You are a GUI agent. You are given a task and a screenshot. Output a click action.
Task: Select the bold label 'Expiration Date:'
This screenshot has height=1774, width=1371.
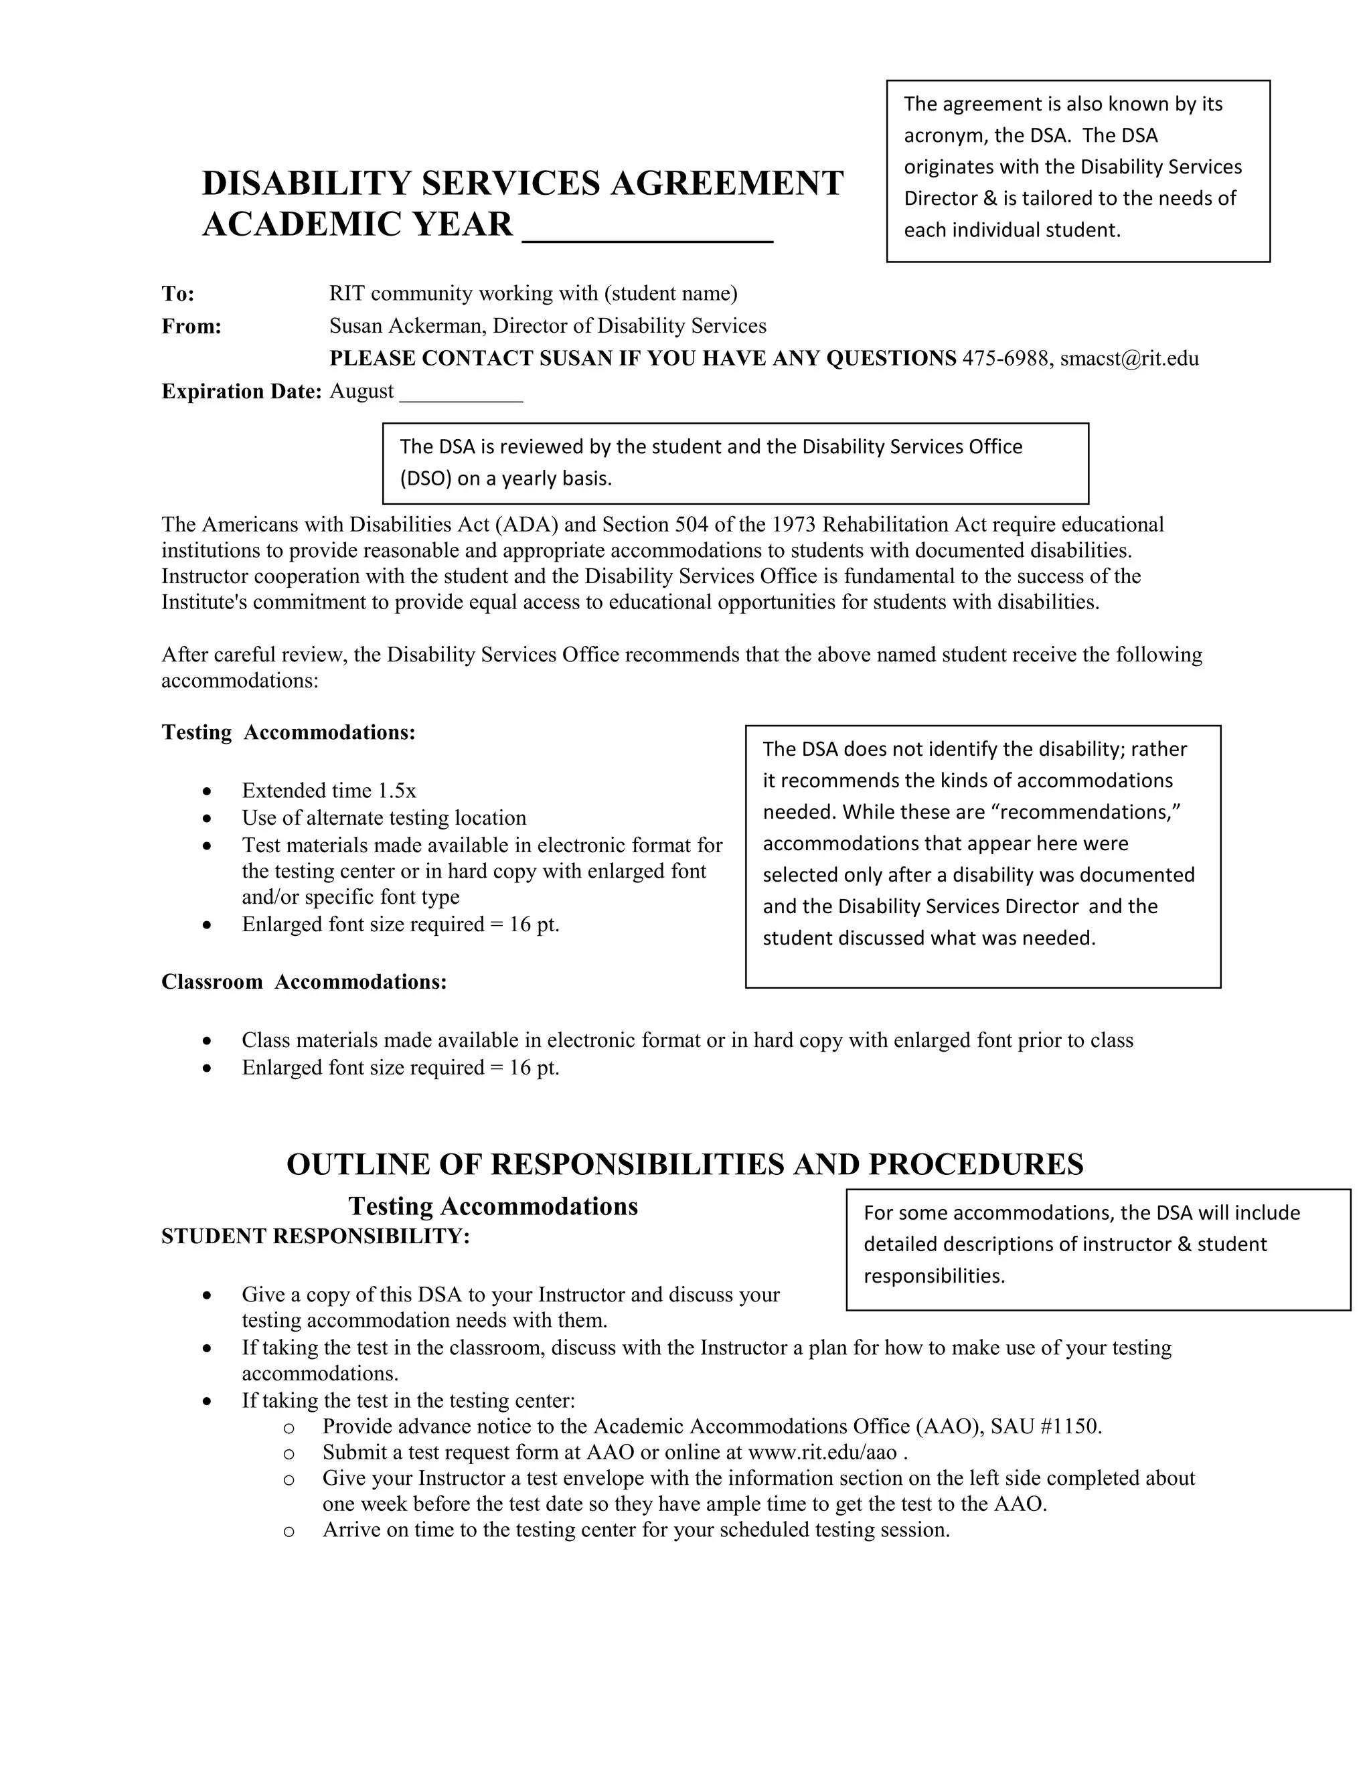(241, 392)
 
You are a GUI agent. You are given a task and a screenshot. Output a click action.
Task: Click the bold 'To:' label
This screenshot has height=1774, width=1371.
(178, 293)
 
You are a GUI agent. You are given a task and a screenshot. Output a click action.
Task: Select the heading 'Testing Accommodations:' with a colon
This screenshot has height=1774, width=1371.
(289, 732)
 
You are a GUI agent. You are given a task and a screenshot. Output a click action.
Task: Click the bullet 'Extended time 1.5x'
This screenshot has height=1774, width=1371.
(329, 791)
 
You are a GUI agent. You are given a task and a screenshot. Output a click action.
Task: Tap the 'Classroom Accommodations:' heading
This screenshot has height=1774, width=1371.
(304, 982)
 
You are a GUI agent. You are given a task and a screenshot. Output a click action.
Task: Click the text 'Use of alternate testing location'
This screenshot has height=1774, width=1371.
(384, 817)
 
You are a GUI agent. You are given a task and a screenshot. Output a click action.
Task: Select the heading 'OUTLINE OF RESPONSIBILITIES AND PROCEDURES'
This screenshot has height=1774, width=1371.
(685, 1165)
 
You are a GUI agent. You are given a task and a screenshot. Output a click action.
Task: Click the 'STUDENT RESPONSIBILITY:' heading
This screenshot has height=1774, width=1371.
(315, 1236)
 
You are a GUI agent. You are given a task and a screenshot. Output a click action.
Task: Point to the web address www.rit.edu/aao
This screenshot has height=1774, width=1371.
(822, 1453)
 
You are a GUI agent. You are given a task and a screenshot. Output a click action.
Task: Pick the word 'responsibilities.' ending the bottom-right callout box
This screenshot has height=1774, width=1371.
(934, 1276)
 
